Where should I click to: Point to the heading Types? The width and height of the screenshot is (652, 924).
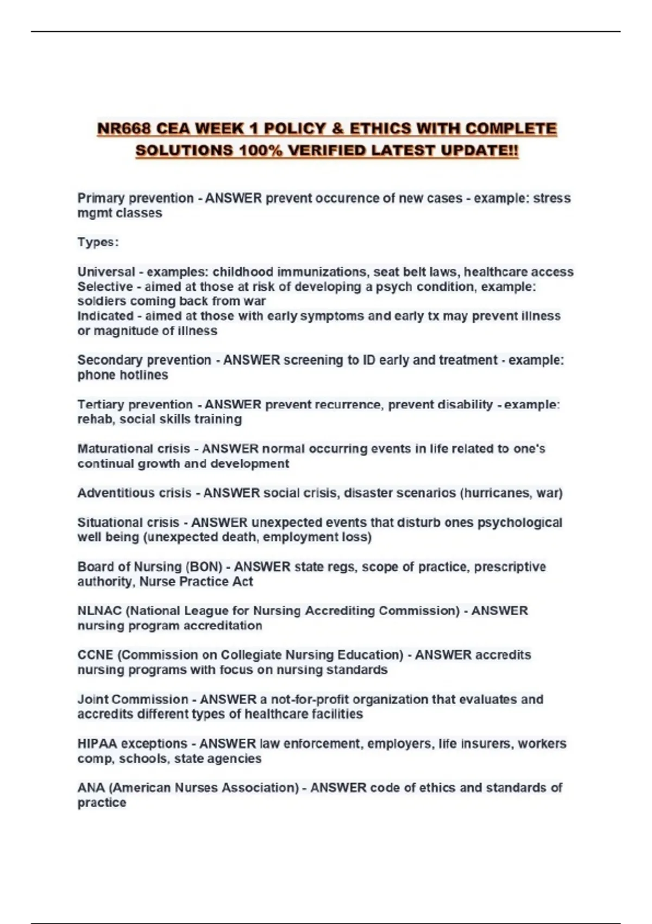98,242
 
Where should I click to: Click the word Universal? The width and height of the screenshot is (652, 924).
106,272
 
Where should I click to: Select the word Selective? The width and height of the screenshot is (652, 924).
105,286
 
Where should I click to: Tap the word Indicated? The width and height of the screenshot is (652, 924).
105,316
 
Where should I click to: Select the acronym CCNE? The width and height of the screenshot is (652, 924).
95,655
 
